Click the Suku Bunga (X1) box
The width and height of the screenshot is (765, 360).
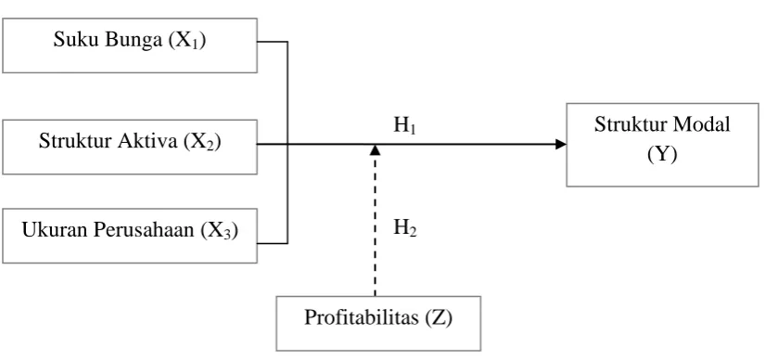(x=130, y=45)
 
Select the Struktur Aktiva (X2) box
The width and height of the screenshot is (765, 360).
(x=130, y=147)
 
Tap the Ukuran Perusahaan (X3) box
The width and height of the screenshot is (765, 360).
(x=130, y=236)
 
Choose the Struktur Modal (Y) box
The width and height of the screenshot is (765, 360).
(x=663, y=145)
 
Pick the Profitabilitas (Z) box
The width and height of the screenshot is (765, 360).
(x=378, y=323)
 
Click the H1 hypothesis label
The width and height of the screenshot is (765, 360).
(x=405, y=126)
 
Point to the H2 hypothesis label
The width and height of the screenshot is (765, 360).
(x=405, y=227)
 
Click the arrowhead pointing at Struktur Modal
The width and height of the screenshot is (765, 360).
(x=561, y=144)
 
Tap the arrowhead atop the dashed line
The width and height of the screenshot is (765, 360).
(x=375, y=149)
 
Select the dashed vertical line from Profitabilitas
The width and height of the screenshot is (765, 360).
(x=375, y=225)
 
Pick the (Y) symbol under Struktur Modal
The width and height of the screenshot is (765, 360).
(x=663, y=155)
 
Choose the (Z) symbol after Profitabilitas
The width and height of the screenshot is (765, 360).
(x=440, y=318)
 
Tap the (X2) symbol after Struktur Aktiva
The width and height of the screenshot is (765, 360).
(x=202, y=142)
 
